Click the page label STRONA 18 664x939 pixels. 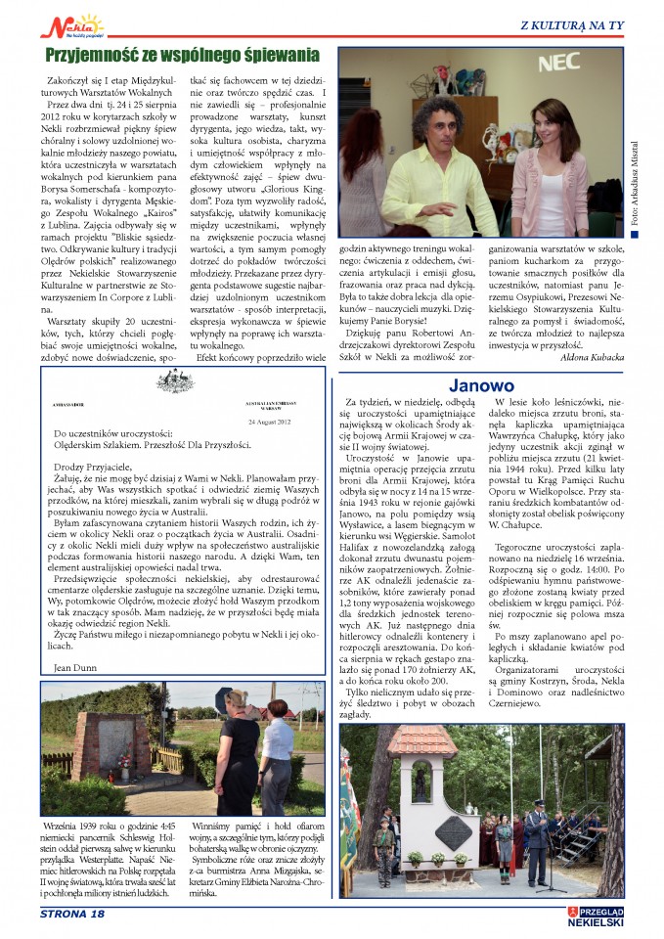pyautogui.click(x=71, y=915)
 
